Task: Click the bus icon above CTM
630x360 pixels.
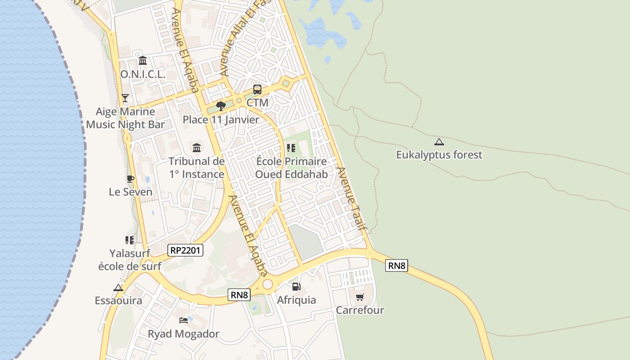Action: tap(257, 90)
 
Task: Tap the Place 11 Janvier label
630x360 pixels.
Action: tap(221, 120)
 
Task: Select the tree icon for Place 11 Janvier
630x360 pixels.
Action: tap(220, 106)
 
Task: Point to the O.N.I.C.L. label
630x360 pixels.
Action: tap(143, 74)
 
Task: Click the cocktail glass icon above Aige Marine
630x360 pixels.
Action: tap(125, 98)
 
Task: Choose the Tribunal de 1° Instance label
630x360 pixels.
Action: tap(197, 168)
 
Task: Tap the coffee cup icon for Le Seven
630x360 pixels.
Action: tap(130, 179)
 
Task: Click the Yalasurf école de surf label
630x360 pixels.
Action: tap(130, 260)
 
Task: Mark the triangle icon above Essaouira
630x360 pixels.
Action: tap(118, 288)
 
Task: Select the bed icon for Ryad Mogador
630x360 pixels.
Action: tap(184, 320)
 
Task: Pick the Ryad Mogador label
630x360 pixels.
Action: tap(184, 334)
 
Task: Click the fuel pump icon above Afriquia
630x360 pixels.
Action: tap(296, 287)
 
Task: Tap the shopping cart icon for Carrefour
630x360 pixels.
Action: tap(360, 297)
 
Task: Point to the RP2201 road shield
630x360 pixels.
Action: tap(185, 250)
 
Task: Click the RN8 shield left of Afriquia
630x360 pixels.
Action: tap(239, 295)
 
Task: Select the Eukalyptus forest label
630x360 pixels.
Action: tap(439, 155)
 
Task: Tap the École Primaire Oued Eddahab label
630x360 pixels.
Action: tap(291, 168)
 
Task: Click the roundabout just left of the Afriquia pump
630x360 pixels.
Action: tap(268, 284)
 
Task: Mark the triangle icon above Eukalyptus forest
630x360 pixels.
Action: tap(439, 142)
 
